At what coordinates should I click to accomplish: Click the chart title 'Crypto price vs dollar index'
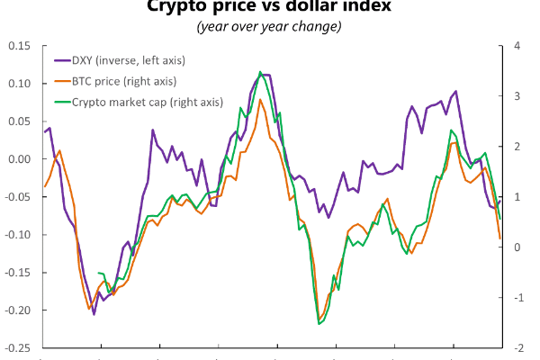pyautogui.click(x=269, y=8)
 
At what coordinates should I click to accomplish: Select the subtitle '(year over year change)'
pyautogui.click(x=269, y=26)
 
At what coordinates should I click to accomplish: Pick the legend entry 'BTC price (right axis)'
pyautogui.click(x=123, y=81)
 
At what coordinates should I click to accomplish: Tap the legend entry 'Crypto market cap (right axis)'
pyautogui.click(x=142, y=101)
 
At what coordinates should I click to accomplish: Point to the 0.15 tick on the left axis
pyautogui.click(x=18, y=46)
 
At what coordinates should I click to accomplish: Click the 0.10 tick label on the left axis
pyautogui.click(x=18, y=84)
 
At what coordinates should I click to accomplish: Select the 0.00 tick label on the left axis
pyautogui.click(x=18, y=159)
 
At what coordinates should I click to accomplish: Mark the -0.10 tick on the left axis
pyautogui.click(x=16, y=235)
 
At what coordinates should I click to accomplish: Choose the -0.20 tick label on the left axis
pyautogui.click(x=16, y=310)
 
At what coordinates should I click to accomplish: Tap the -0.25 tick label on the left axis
pyautogui.click(x=16, y=347)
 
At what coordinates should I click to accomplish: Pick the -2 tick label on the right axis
pyautogui.click(x=514, y=347)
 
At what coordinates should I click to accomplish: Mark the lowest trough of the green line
pyautogui.click(x=319, y=324)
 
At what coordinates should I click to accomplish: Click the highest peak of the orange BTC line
pyautogui.click(x=260, y=99)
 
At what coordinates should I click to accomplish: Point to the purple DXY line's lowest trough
pyautogui.click(x=94, y=314)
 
